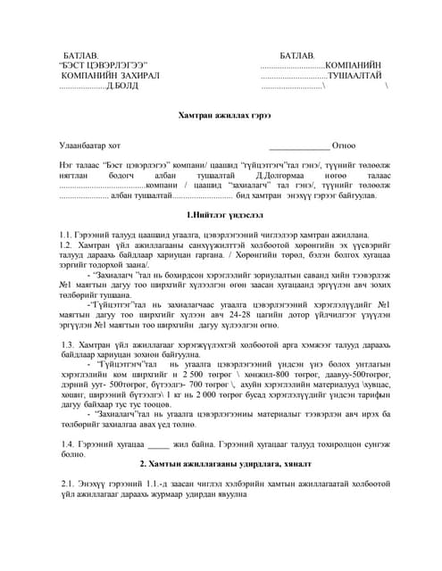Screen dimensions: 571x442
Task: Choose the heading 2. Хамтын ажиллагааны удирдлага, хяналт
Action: click(221, 463)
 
